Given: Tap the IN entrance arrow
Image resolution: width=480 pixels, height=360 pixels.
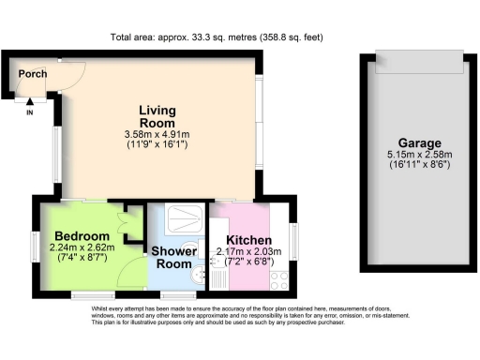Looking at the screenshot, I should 29,105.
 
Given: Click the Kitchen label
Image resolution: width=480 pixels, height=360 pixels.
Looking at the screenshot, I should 246,241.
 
